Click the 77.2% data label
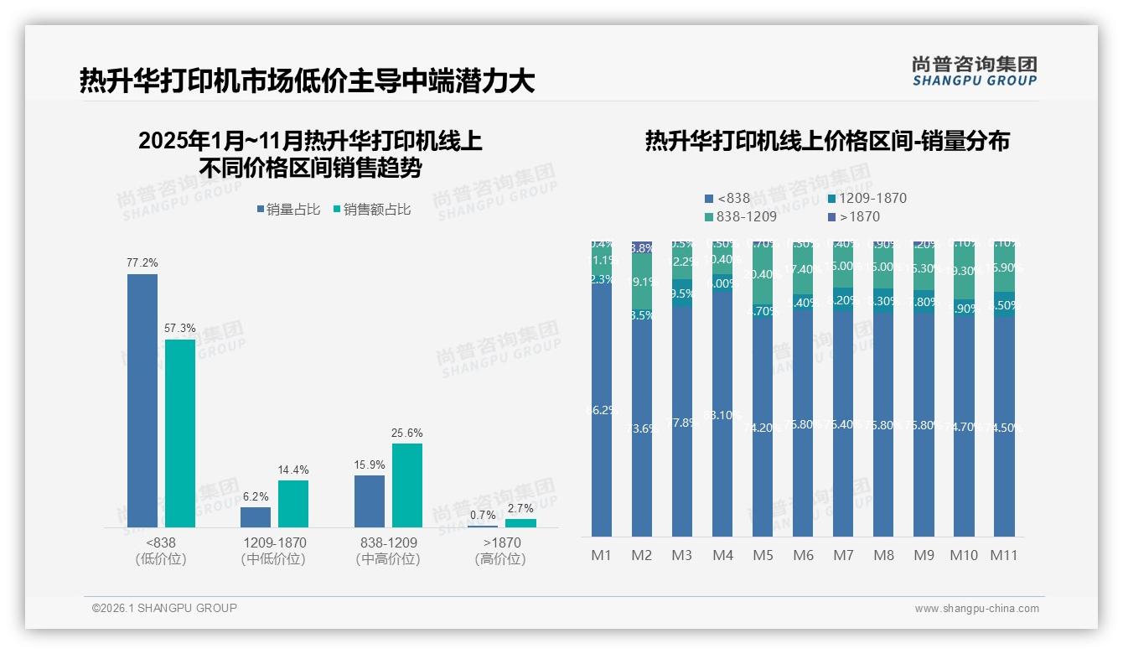tap(142, 263)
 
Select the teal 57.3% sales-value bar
tap(180, 433)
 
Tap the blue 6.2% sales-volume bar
tap(256, 517)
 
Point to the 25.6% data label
tap(406, 433)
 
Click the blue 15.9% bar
tap(370, 501)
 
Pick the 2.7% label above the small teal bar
tap(520, 509)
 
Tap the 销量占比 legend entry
tap(287, 210)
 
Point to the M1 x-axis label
tap(602, 555)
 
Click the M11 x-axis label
tap(1003, 555)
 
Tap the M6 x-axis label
tap(803, 555)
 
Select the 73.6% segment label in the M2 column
tap(642, 428)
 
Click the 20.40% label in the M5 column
tap(763, 274)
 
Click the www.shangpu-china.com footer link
tap(976, 609)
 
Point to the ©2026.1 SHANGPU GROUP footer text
tap(164, 608)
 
